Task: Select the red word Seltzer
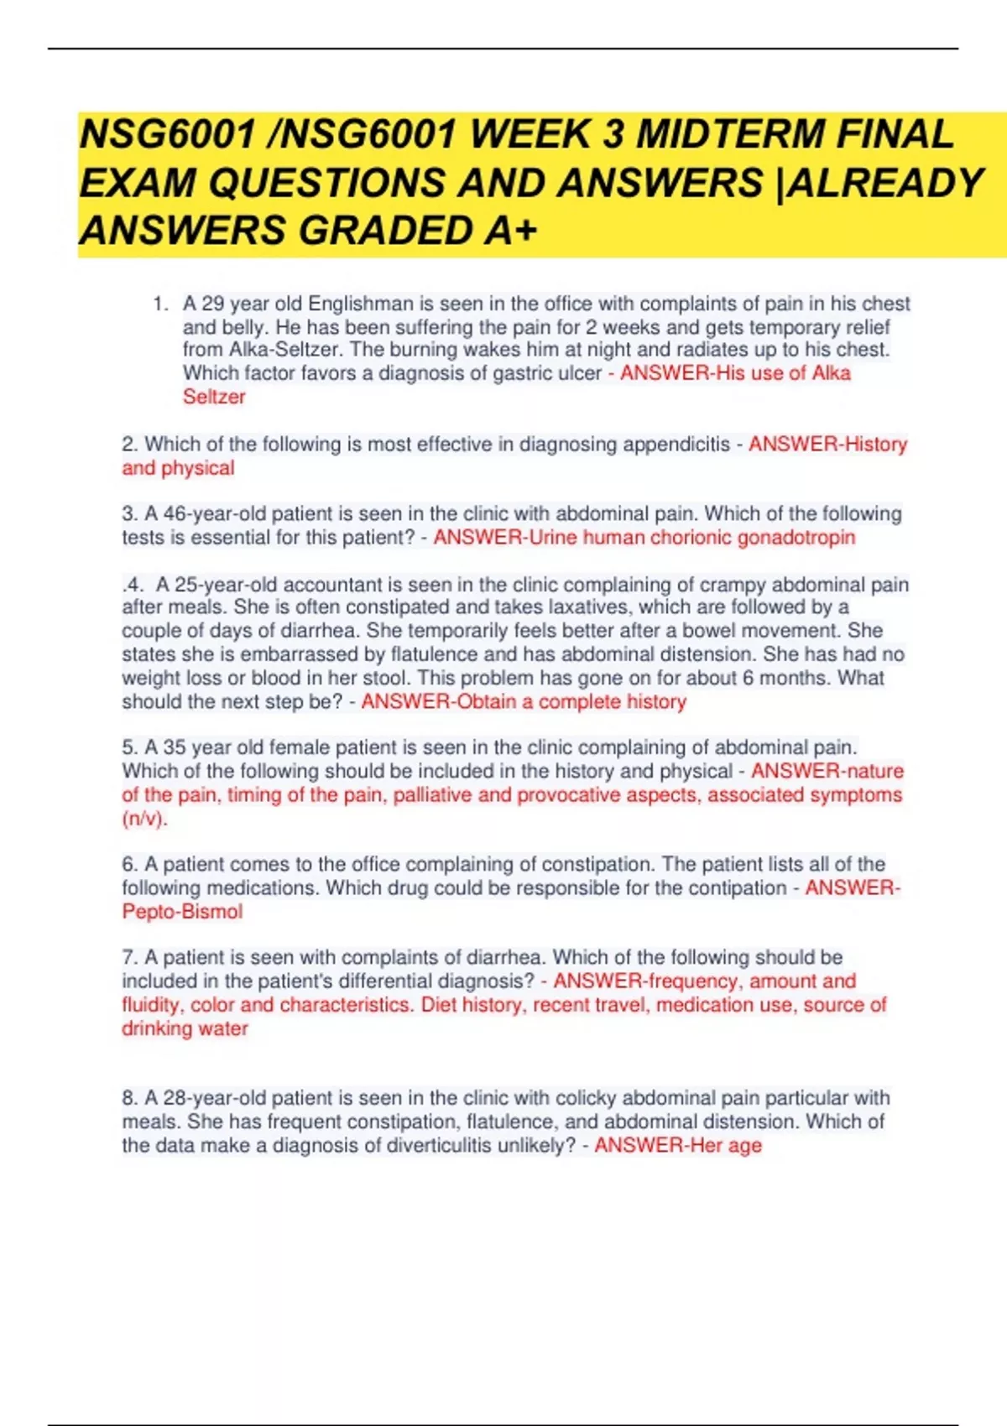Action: pyautogui.click(x=214, y=397)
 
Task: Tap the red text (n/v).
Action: pyautogui.click(x=144, y=819)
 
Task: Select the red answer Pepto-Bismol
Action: pyautogui.click(x=182, y=912)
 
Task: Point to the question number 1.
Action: pyautogui.click(x=159, y=304)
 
